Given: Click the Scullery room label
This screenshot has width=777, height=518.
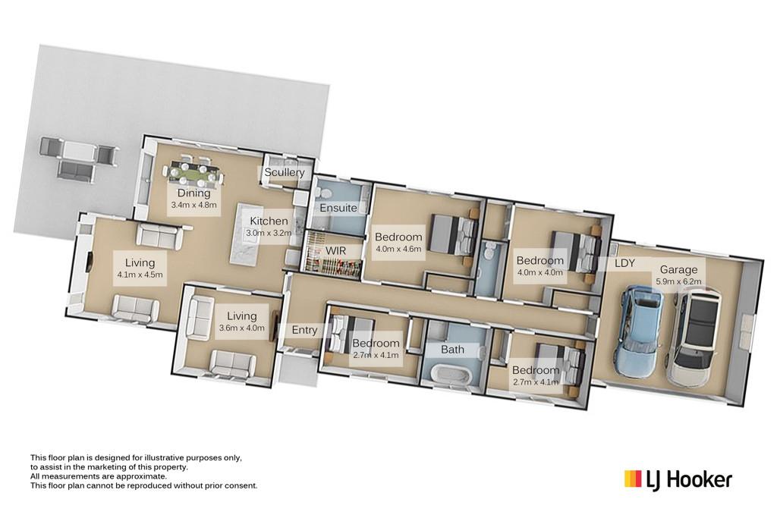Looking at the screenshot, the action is click(284, 172).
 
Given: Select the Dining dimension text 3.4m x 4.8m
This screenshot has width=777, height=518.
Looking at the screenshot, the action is click(193, 205).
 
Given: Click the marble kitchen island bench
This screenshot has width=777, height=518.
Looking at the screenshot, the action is click(247, 234).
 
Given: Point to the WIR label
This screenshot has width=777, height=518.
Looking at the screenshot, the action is click(335, 250).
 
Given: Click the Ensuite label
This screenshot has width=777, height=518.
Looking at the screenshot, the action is click(338, 208).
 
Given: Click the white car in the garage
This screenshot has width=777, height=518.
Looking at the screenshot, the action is click(694, 337).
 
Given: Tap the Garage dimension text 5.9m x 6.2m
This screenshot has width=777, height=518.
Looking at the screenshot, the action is click(679, 282).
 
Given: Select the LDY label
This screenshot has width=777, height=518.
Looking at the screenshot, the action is click(624, 263).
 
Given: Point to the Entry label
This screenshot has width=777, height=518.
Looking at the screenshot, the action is click(304, 330).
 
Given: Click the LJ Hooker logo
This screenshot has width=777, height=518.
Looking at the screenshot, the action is click(678, 479).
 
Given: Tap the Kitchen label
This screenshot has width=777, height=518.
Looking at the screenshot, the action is click(269, 221).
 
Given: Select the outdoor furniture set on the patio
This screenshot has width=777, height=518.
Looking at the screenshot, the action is click(78, 159).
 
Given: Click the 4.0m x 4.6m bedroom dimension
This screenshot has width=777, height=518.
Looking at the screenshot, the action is click(398, 249).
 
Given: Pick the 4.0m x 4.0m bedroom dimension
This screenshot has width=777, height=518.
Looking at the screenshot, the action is click(539, 272).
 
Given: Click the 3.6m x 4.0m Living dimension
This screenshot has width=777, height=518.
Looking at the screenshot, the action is click(242, 328).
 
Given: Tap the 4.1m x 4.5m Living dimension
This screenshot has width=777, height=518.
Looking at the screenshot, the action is click(140, 275).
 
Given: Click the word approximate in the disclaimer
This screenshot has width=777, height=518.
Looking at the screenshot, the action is click(142, 476).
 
